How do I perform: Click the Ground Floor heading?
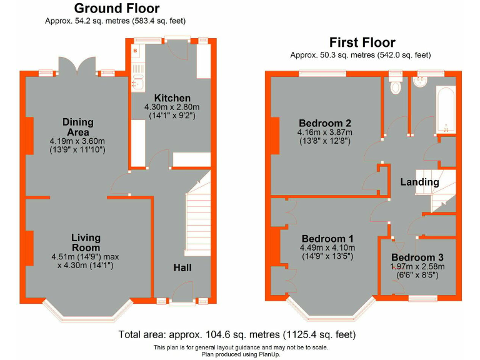click(x=117, y=9)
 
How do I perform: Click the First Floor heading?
click(x=362, y=42)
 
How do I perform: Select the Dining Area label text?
click(x=77, y=126)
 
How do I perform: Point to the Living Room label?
click(x=86, y=242)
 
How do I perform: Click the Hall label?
click(x=182, y=267)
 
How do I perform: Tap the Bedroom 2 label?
click(x=324, y=122)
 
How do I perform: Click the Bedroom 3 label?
click(x=417, y=257)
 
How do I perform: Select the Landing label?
click(x=419, y=182)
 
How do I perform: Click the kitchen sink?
click(x=138, y=81)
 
